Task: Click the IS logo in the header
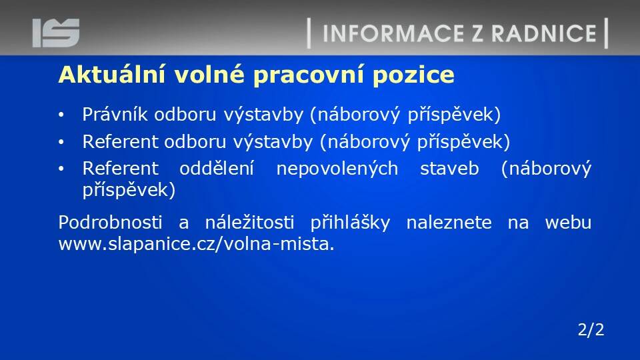[56, 33]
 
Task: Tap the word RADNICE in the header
[544, 33]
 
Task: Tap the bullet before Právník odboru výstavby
[61, 115]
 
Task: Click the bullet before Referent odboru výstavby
[61, 143]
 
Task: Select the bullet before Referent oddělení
[61, 169]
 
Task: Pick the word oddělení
[217, 168]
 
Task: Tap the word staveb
[449, 169]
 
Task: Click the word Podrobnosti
[110, 223]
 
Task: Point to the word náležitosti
[249, 223]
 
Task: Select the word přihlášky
[350, 223]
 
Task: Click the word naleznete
[449, 223]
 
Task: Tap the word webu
[568, 223]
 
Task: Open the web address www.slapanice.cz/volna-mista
[196, 244]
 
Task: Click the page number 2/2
[591, 329]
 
